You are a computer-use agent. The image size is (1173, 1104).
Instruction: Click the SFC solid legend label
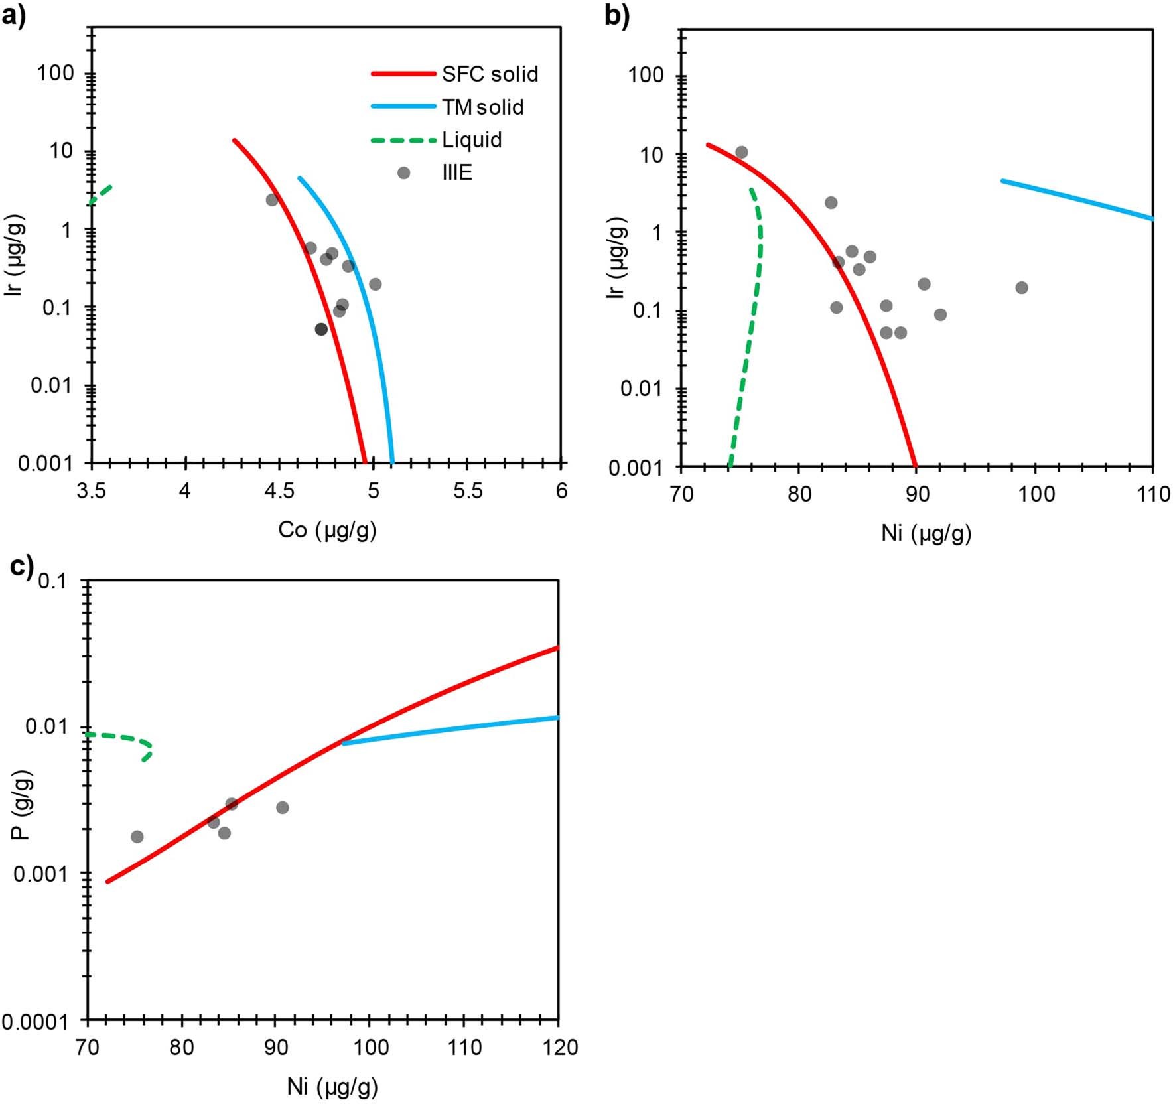(x=490, y=74)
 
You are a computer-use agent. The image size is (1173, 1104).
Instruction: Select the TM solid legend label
(x=483, y=107)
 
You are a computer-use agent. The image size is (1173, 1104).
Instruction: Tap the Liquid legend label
(x=472, y=140)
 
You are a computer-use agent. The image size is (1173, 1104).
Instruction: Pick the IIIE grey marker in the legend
(x=403, y=172)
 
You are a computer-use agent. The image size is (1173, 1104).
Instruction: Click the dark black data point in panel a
(x=321, y=329)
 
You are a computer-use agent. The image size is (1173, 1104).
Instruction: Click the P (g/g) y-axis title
(x=23, y=805)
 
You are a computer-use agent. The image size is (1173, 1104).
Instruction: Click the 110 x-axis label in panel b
(x=1153, y=494)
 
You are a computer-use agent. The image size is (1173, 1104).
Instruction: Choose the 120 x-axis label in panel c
(x=559, y=1047)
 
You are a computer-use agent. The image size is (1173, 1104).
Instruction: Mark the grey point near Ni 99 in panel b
(x=1022, y=287)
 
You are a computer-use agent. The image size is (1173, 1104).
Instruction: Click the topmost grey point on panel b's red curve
(x=742, y=152)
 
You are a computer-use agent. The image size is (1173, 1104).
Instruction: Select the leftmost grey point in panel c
(x=137, y=837)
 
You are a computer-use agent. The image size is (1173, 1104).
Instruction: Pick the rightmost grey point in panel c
(x=283, y=807)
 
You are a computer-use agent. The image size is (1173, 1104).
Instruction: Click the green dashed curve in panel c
(x=126, y=737)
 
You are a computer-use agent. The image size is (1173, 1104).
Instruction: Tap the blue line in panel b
(x=1075, y=198)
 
